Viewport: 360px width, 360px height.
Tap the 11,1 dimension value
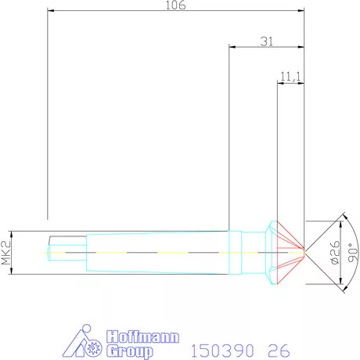pyautogui.click(x=290, y=76)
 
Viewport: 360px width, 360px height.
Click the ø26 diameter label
pyautogui.click(x=335, y=251)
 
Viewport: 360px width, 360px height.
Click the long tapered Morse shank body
pyautogui.click(x=157, y=251)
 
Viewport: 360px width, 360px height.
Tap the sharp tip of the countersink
pyautogui.click(x=304, y=251)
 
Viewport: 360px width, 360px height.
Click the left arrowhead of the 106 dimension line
pyautogui.click(x=50, y=11)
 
